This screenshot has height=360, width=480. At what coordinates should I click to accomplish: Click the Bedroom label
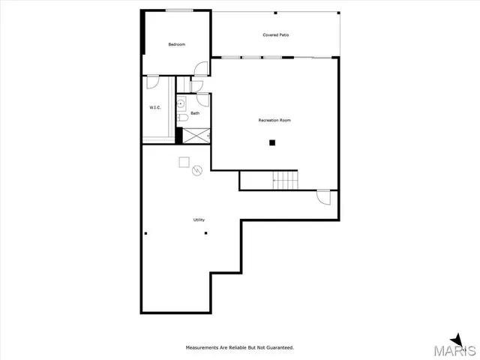tap(176, 45)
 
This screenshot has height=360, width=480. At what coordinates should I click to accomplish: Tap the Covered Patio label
tap(276, 35)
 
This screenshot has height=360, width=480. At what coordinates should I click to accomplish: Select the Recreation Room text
tap(274, 120)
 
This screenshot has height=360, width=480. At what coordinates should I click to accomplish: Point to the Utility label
tap(199, 220)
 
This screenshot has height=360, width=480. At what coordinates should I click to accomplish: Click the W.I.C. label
tap(155, 107)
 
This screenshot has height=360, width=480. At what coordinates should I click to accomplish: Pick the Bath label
tap(195, 113)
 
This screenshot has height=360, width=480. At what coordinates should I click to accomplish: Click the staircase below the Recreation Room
tap(285, 180)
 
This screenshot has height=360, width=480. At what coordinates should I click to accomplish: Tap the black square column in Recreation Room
tap(273, 142)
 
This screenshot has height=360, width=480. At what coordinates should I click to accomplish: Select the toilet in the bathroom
tap(182, 118)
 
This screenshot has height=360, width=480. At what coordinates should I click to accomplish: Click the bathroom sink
tap(181, 103)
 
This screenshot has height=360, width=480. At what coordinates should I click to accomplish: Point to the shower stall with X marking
tap(196, 136)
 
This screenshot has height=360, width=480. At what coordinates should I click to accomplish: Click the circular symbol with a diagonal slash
tap(197, 170)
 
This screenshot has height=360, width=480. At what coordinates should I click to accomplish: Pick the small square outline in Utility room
tap(183, 161)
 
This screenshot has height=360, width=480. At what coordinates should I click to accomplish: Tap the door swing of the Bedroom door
tap(200, 68)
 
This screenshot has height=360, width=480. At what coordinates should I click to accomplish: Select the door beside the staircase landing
tap(323, 197)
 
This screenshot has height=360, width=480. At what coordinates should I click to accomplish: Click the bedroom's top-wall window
tap(177, 10)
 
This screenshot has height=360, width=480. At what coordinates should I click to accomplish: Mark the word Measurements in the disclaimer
tap(202, 347)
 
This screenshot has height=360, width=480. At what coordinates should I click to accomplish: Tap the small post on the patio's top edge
tap(275, 13)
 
